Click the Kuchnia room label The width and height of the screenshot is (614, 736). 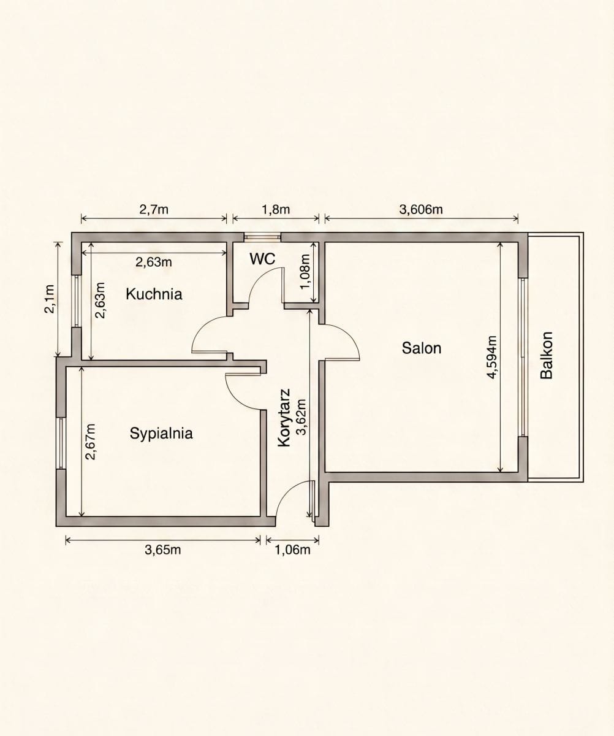pyautogui.click(x=154, y=294)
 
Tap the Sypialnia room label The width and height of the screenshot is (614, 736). pyautogui.click(x=161, y=433)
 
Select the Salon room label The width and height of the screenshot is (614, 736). pyautogui.click(x=422, y=348)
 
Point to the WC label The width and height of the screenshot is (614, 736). pyautogui.click(x=262, y=259)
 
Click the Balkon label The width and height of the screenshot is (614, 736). pyautogui.click(x=547, y=355)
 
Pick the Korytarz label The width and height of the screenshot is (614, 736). pyautogui.click(x=284, y=418)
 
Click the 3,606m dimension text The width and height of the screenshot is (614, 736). pyautogui.click(x=421, y=209)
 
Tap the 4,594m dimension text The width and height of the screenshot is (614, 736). pyautogui.click(x=492, y=357)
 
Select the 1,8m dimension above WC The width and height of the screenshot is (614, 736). pyautogui.click(x=276, y=209)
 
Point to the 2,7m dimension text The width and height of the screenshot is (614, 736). pyautogui.click(x=154, y=209)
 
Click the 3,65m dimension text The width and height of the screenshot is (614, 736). pyautogui.click(x=163, y=550)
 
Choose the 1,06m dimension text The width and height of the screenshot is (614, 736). pyautogui.click(x=292, y=550)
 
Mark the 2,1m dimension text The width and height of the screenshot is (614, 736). pyautogui.click(x=50, y=299)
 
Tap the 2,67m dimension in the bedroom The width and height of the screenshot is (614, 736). pyautogui.click(x=91, y=442)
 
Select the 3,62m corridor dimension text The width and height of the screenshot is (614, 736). pyautogui.click(x=302, y=417)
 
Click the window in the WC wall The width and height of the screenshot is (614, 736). pyautogui.click(x=262, y=237)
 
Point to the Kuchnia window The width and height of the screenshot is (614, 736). pyautogui.click(x=77, y=301)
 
